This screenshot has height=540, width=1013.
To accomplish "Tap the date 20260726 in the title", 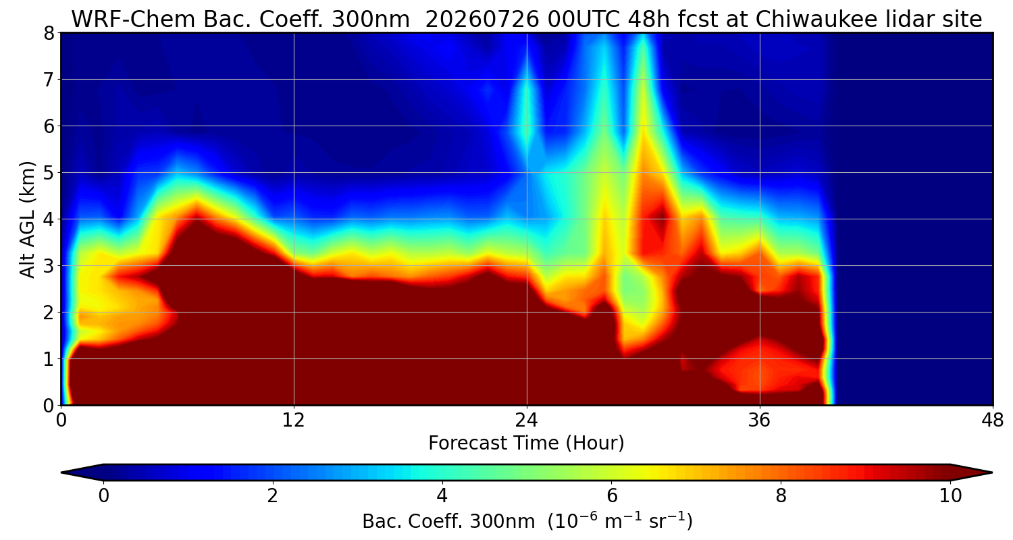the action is point(482,20).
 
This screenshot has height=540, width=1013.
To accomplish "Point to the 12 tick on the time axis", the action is point(294,421).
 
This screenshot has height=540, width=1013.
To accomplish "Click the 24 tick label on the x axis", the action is point(526,421).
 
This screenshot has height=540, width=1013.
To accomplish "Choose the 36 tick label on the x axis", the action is point(759,421).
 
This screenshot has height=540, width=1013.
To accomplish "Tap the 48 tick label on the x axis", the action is point(992,421).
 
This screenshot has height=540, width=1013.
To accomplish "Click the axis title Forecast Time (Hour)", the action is point(526,443).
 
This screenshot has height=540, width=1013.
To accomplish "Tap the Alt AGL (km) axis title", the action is point(27,219).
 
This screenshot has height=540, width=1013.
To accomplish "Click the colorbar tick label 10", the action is point(950,496).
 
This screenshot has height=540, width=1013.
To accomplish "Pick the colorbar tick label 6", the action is point(611,496).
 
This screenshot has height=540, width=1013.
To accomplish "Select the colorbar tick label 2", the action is point(272,496).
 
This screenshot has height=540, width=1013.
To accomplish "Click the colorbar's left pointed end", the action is point(62,473).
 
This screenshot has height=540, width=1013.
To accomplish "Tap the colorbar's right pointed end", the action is point(992,473).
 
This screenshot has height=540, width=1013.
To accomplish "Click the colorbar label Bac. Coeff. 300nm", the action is point(448,522).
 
